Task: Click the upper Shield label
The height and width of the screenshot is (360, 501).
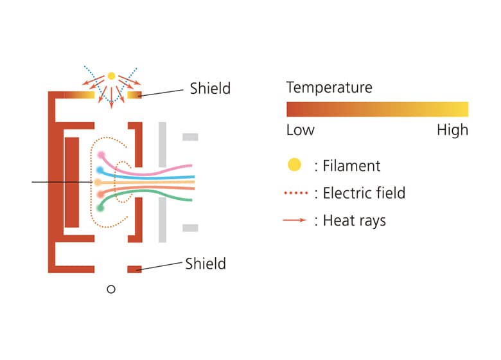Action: (x=209, y=88)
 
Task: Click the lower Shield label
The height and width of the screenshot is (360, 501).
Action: (x=205, y=263)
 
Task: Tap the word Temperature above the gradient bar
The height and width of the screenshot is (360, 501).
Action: (x=329, y=87)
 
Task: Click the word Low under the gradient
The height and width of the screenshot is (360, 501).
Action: (x=300, y=130)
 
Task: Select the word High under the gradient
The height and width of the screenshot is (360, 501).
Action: (x=452, y=130)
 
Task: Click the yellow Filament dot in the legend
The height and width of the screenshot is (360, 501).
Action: (x=294, y=165)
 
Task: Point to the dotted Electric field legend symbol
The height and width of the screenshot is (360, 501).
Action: (x=295, y=193)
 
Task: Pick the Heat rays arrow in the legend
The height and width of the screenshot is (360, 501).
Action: (x=295, y=221)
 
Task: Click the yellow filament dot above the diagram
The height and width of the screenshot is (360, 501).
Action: (x=111, y=76)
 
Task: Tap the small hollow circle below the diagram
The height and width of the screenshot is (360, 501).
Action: (x=110, y=289)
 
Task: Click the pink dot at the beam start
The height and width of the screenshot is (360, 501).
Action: (x=101, y=156)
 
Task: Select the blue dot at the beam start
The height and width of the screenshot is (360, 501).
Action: (x=100, y=170)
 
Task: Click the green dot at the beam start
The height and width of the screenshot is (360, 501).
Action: (x=100, y=208)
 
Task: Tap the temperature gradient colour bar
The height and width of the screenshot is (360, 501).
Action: (x=377, y=109)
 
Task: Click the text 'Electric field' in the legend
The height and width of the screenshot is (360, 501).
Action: (x=364, y=193)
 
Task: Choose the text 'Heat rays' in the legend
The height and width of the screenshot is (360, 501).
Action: (x=355, y=221)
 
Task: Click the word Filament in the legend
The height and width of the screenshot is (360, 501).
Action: (x=351, y=165)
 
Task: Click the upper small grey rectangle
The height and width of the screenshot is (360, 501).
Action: (x=190, y=137)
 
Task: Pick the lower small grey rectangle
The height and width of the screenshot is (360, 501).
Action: (x=190, y=228)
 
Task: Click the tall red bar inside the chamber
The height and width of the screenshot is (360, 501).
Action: (x=71, y=182)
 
